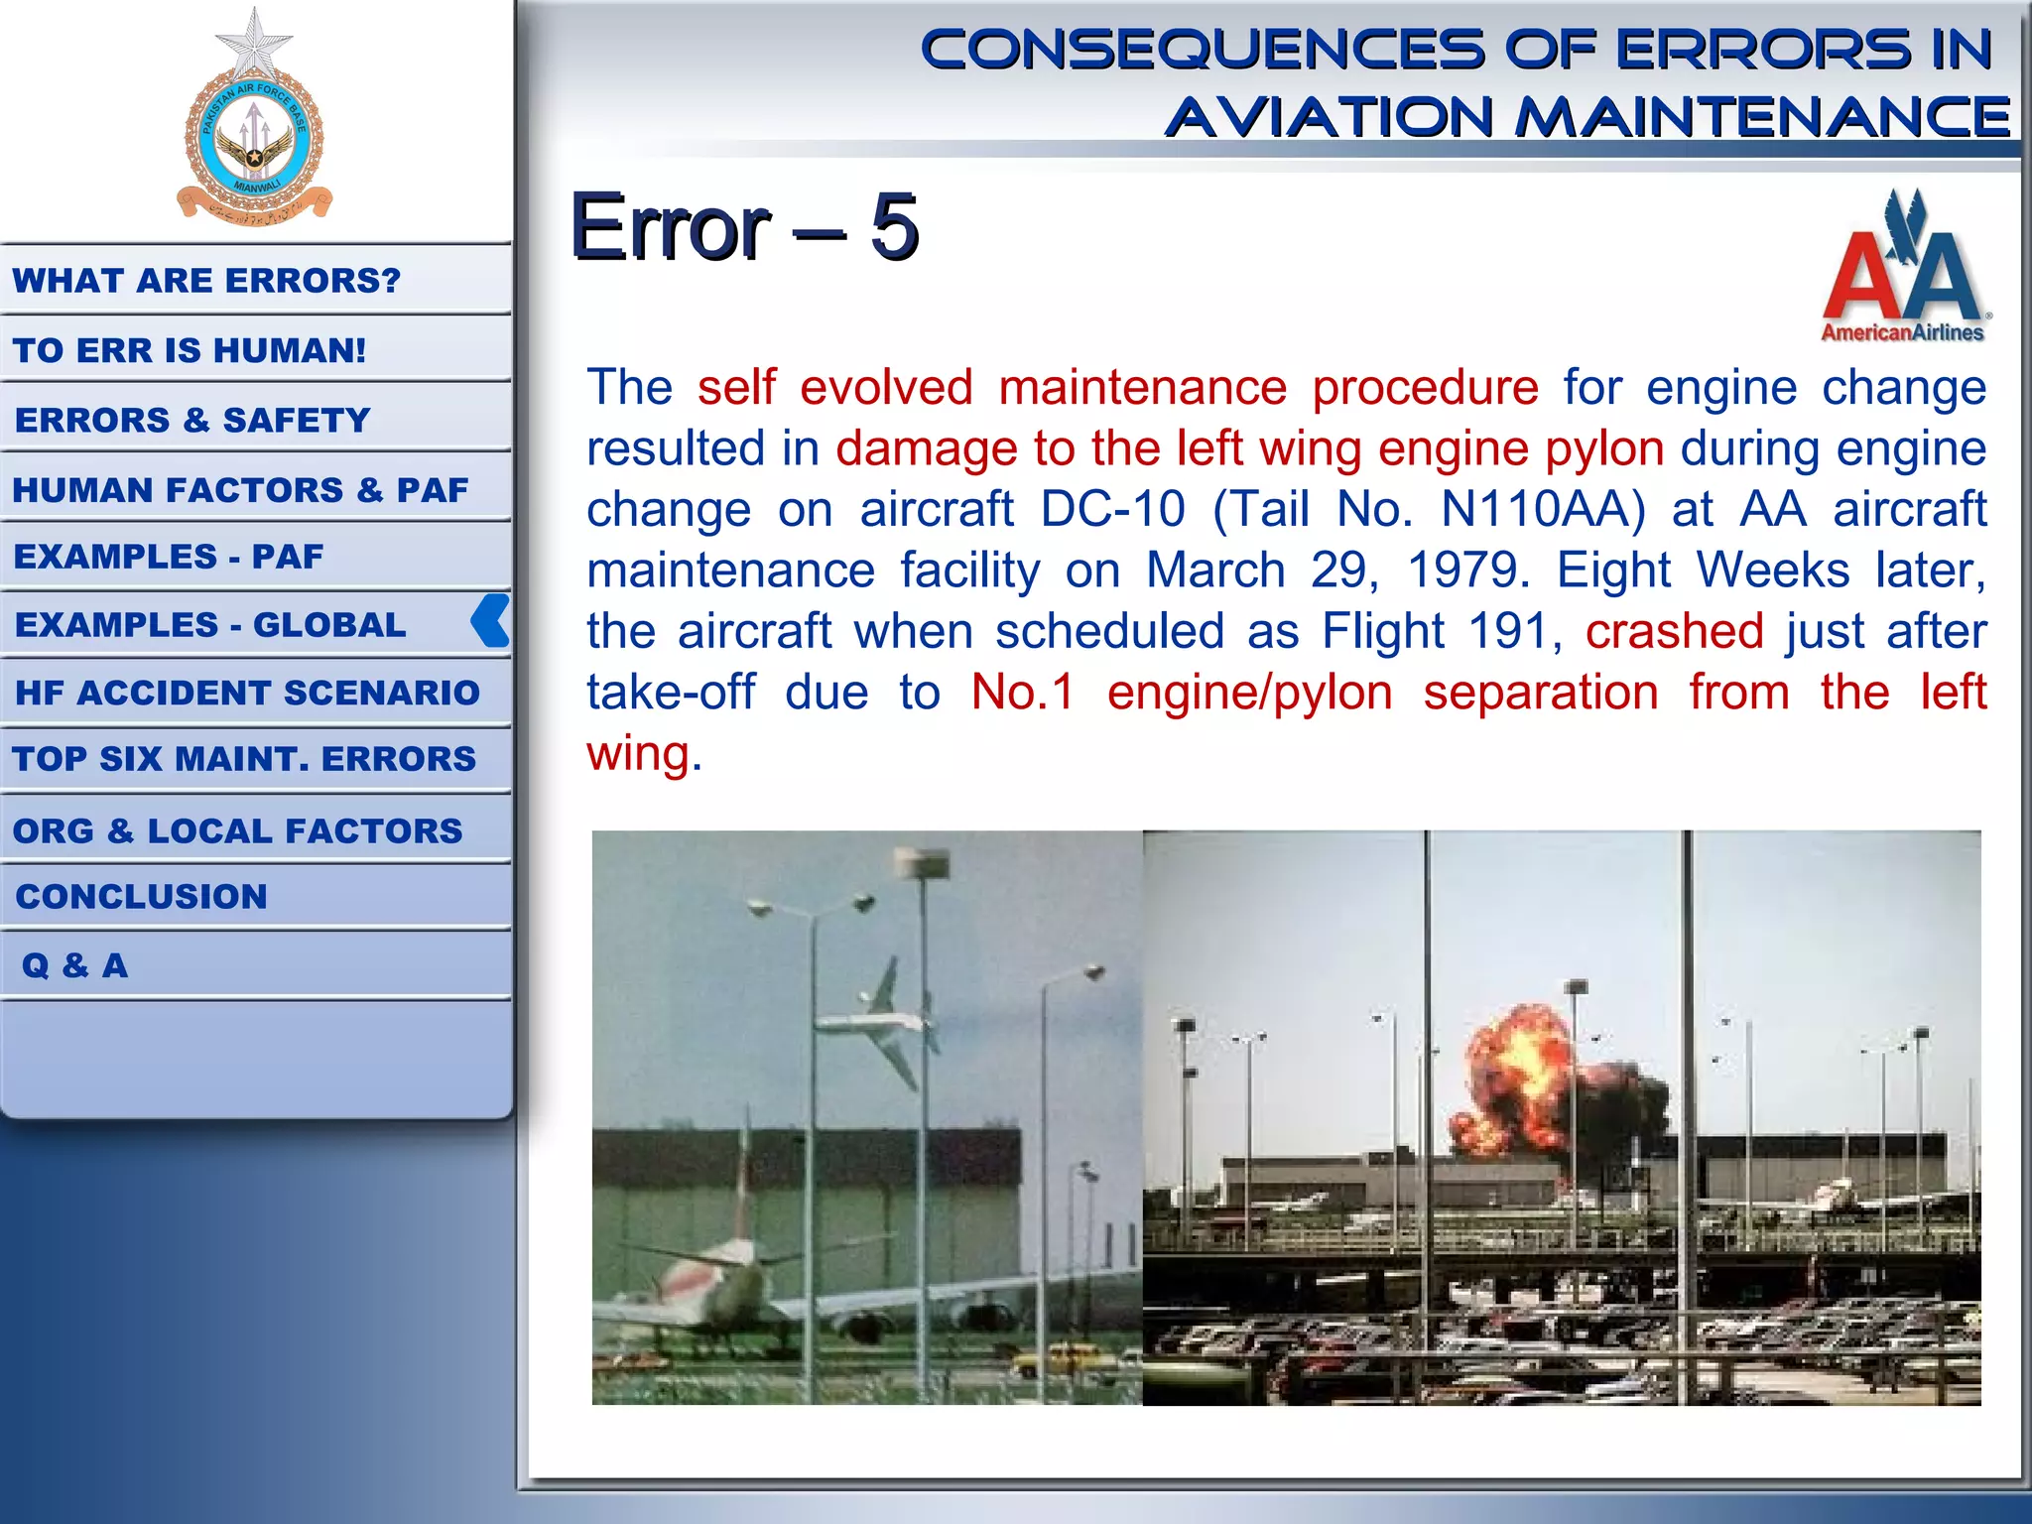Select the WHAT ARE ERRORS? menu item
206,281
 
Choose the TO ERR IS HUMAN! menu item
190,350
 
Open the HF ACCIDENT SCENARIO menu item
247,693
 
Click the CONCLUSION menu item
141,897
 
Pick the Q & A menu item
74,965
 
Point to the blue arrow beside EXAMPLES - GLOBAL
490,621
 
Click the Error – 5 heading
744,227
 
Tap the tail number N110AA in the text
1542,509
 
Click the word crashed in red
1674,631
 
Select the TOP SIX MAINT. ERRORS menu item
244,759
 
